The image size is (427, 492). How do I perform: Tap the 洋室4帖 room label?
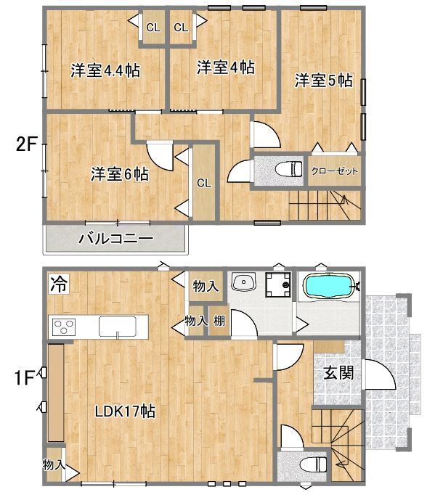pyautogui.click(x=225, y=67)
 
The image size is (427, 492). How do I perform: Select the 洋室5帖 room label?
pyautogui.click(x=323, y=81)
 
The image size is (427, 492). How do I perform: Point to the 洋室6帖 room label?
pyautogui.click(x=120, y=174)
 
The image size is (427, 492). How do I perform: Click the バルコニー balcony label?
pyautogui.click(x=115, y=238)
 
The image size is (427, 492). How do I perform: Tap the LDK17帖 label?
pyautogui.click(x=125, y=411)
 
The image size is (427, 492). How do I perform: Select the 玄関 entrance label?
pyautogui.click(x=338, y=373)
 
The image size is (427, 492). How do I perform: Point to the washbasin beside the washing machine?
pyautogui.click(x=243, y=284)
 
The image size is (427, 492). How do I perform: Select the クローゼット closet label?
pyautogui.click(x=335, y=171)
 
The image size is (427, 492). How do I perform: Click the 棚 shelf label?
pyautogui.click(x=219, y=321)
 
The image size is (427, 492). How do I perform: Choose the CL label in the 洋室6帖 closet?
pyautogui.click(x=204, y=183)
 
